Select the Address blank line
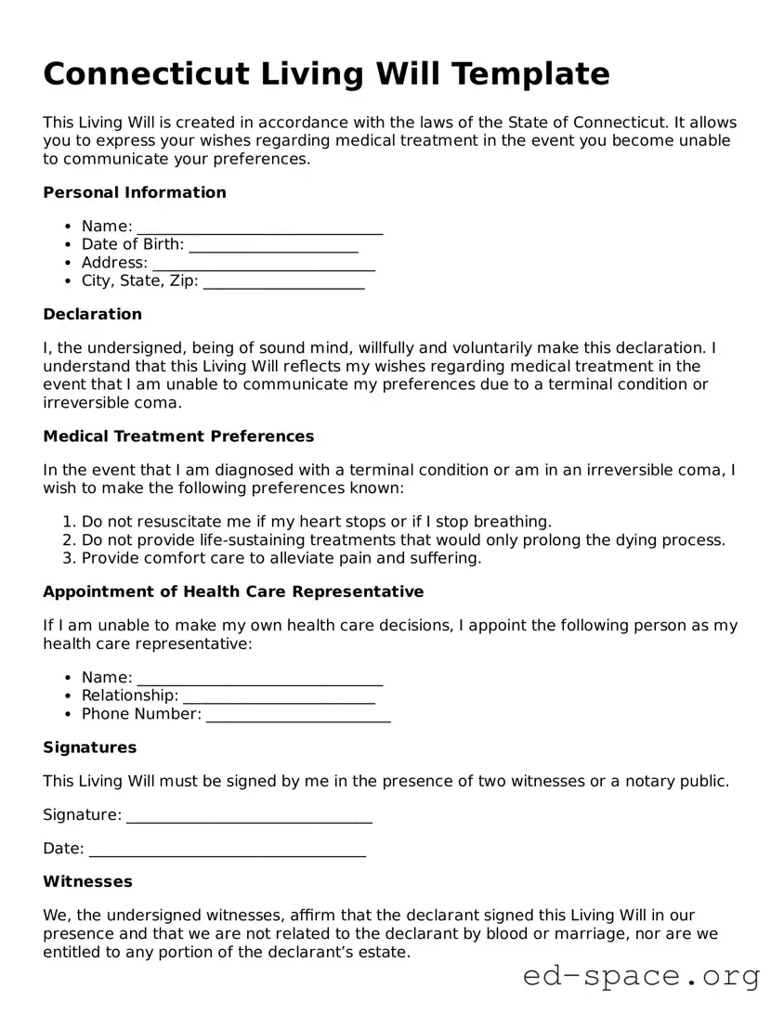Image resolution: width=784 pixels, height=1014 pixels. [x=263, y=264]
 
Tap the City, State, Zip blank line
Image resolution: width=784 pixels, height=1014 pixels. [x=283, y=282]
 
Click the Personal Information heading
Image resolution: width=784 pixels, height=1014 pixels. [x=135, y=192]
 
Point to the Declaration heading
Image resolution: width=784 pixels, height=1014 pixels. [x=92, y=314]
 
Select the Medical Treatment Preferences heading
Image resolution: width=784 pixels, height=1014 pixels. [x=178, y=436]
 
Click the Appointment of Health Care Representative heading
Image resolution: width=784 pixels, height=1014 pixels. [x=233, y=592]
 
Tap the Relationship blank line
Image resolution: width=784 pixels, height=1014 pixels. [x=279, y=696]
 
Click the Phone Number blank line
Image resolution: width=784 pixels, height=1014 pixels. [x=297, y=715]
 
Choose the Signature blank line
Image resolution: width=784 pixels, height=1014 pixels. [x=249, y=815]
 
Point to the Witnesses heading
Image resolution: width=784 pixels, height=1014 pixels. [x=87, y=882]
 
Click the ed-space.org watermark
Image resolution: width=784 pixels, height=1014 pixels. [x=641, y=976]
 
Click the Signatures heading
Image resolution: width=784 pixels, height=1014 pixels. [x=89, y=748]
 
